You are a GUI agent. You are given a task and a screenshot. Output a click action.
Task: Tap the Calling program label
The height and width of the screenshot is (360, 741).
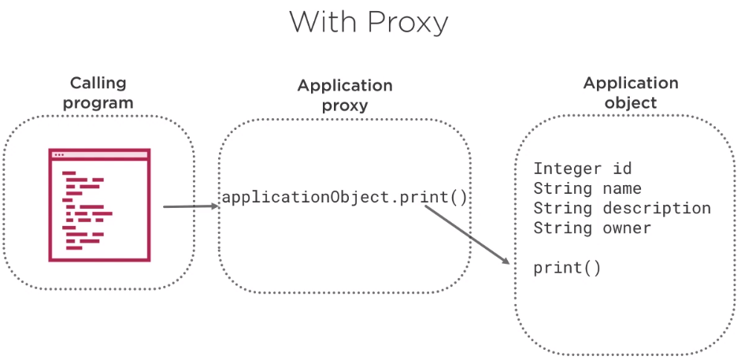tap(98, 93)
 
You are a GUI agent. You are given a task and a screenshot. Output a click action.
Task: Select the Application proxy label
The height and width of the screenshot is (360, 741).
tap(345, 95)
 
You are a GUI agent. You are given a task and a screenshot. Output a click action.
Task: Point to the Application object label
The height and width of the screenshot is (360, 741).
tap(631, 93)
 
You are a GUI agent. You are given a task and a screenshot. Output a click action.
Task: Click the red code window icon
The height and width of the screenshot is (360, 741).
tap(99, 205)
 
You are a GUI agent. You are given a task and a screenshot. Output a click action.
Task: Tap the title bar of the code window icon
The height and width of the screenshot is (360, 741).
tap(99, 154)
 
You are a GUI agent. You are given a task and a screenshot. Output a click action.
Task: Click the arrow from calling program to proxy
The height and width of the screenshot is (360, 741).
tap(191, 206)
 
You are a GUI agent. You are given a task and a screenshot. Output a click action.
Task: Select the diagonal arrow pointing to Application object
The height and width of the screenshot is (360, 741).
tap(468, 234)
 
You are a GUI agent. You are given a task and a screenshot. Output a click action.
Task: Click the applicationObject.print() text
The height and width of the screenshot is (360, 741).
tap(344, 198)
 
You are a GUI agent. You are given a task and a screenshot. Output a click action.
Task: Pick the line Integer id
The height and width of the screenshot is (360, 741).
tap(582, 169)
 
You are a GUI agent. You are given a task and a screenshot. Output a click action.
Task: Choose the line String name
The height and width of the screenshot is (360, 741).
tap(587, 188)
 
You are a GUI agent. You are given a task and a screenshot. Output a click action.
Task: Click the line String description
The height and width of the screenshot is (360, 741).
tap(622, 208)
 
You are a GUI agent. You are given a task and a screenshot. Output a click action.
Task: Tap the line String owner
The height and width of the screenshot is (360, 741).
tap(592, 228)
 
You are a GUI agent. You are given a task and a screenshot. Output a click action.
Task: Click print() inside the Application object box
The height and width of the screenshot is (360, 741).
tap(567, 269)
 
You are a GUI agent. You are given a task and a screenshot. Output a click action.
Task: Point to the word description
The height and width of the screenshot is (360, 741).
tap(657, 208)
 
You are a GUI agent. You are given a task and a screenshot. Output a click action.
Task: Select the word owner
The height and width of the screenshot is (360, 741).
tap(627, 228)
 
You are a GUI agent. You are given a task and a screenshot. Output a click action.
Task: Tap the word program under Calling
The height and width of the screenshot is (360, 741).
tap(98, 104)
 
